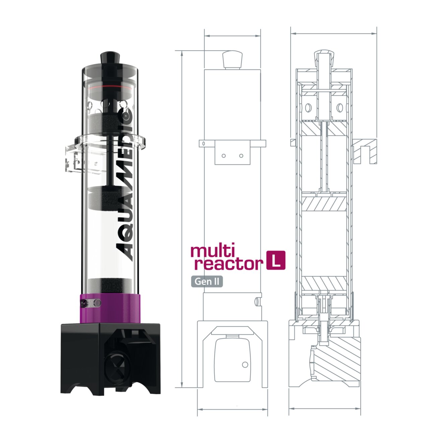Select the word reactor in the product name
[x=228, y=264]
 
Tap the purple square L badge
[x=275, y=260]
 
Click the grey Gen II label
[x=207, y=281]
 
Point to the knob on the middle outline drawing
[x=232, y=60]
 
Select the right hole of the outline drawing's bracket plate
[x=241, y=156]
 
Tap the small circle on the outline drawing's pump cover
[x=245, y=364]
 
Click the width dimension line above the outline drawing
[x=232, y=36]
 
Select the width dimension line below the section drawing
[x=324, y=409]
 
